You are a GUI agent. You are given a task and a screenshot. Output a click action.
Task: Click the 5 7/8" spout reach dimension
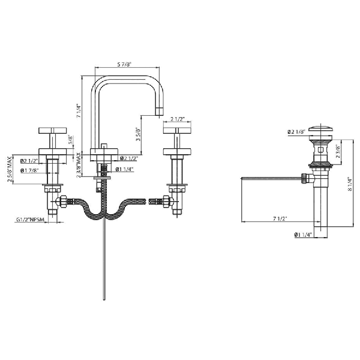(124, 65)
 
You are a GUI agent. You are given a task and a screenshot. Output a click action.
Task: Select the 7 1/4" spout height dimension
(79, 110)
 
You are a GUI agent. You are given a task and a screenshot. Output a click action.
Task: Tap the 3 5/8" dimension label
(138, 134)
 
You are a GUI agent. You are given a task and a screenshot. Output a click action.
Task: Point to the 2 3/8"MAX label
(79, 165)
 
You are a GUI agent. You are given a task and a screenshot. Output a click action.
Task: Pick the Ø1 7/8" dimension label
(29, 170)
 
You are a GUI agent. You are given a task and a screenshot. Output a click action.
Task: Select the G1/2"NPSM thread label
(30, 220)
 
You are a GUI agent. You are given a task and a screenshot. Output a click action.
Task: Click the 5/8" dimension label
(71, 140)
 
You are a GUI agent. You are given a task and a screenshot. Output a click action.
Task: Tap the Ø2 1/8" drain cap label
(296, 132)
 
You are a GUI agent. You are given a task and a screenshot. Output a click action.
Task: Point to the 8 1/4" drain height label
(350, 184)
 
